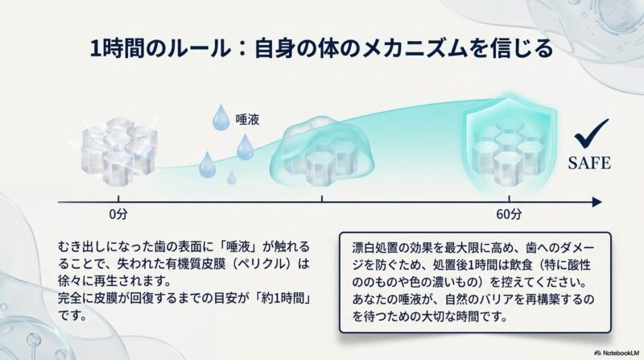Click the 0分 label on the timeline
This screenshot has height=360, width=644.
click(118, 214)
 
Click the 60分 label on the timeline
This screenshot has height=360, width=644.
click(509, 214)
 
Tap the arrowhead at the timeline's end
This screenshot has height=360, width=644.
click(597, 202)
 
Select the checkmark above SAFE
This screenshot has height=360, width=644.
click(592, 134)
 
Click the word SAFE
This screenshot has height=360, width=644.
click(589, 163)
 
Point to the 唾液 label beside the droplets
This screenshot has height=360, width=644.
click(247, 119)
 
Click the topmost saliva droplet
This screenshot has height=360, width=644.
click(221, 117)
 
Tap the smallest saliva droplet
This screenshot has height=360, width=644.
click(232, 177)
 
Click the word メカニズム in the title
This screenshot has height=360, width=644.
click(414, 48)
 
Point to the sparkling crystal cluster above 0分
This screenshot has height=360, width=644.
click(119, 150)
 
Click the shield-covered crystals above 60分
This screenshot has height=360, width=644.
click(510, 147)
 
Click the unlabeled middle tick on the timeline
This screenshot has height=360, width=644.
click(322, 199)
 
